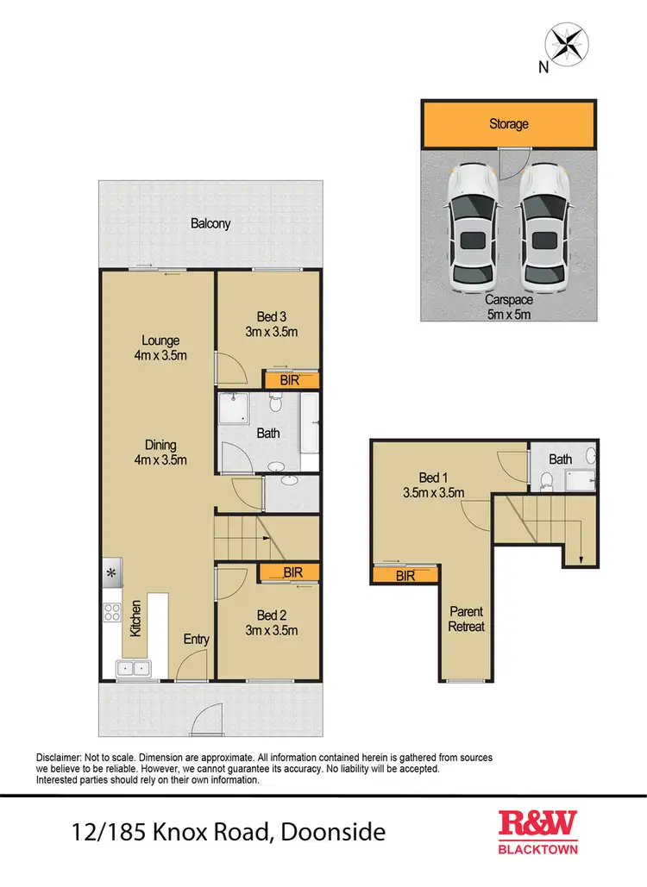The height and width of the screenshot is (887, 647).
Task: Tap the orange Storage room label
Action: point(508,124)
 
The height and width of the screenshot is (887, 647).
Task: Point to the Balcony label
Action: point(210,223)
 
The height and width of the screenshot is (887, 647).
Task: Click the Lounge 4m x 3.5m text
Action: point(160,347)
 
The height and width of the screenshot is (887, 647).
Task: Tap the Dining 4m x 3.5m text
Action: point(160,453)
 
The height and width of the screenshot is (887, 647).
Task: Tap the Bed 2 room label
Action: point(272,622)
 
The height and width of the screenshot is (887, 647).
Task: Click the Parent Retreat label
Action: point(466,619)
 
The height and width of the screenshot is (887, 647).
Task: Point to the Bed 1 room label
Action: point(434,485)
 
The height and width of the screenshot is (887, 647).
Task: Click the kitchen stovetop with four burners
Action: point(112,613)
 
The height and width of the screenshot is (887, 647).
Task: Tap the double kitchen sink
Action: point(132,667)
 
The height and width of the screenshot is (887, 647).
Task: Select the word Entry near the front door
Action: point(196,639)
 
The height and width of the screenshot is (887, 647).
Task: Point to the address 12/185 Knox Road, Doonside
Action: point(228,834)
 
